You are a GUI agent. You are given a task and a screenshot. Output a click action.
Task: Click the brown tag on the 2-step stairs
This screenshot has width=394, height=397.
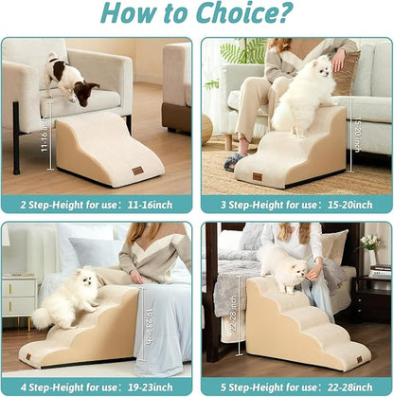tap(136, 171)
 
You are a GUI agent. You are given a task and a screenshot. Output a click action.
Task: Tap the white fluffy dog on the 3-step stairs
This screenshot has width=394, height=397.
tap(304, 94)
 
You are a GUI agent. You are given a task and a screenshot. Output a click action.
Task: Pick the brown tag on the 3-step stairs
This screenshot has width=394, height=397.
tap(257, 175)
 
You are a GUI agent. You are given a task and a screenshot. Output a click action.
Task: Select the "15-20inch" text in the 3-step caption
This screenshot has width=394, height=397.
tap(349, 204)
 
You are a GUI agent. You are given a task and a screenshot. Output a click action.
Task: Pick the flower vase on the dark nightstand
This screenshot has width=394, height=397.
tap(373, 255)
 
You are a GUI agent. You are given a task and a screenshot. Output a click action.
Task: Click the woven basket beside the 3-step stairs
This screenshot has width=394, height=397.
tap(207, 128)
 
